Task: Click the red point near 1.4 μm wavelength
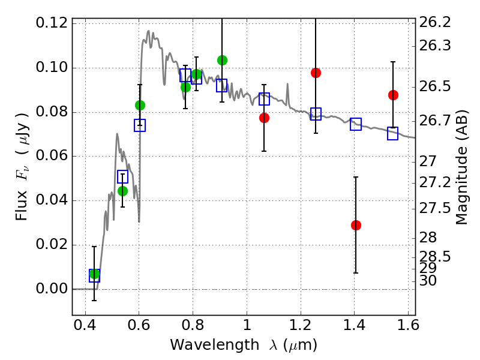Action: click(356, 225)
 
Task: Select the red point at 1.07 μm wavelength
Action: click(264, 118)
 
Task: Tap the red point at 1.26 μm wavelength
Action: click(316, 73)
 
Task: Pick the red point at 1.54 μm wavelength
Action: click(393, 95)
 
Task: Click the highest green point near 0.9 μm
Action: click(222, 60)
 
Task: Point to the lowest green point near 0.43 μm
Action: click(94, 274)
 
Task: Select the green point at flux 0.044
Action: click(122, 191)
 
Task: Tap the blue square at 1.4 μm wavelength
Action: click(356, 124)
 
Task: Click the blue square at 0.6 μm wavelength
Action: click(140, 125)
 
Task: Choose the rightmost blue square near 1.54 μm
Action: click(393, 134)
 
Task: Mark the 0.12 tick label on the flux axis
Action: click(51, 23)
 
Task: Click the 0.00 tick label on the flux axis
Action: click(51, 289)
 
